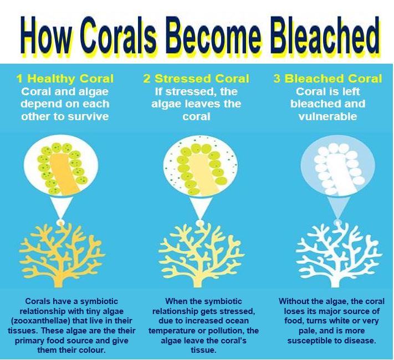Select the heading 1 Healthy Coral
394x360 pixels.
pyautogui.click(x=65, y=79)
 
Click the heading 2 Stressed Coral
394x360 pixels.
pyautogui.click(x=196, y=79)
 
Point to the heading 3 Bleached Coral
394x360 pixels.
pyautogui.click(x=328, y=79)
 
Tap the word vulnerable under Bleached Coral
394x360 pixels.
pyautogui.click(x=328, y=116)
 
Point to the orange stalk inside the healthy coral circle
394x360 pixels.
pyautogui.click(x=64, y=174)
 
